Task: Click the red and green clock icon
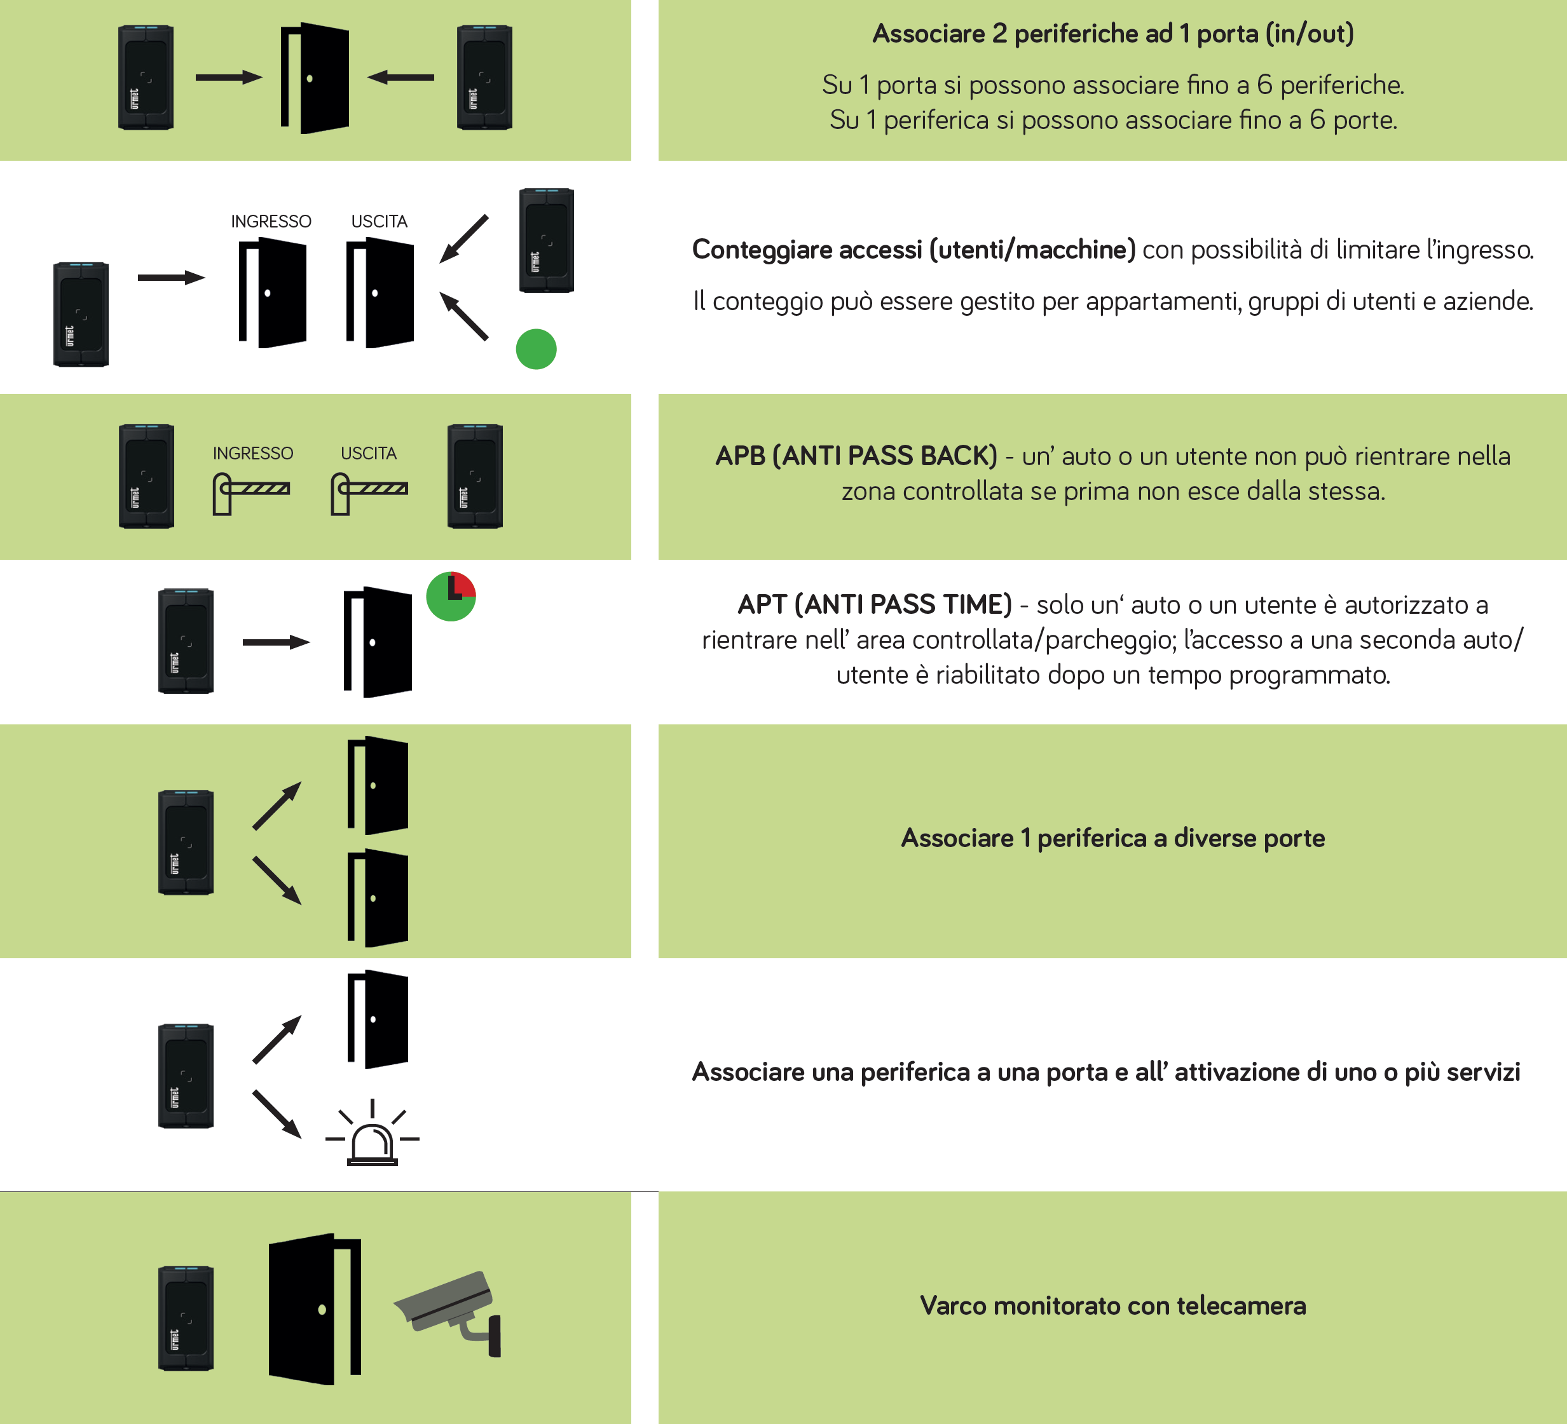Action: pyautogui.click(x=451, y=596)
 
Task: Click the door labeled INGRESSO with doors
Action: pyautogui.click(x=272, y=292)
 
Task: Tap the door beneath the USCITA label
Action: pyautogui.click(x=380, y=292)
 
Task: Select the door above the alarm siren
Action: pyautogui.click(x=378, y=1019)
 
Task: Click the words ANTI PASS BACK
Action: pyautogui.click(x=884, y=456)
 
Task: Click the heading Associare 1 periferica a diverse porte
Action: pyautogui.click(x=1112, y=838)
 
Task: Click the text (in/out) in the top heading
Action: pyautogui.click(x=1309, y=34)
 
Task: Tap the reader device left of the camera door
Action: pyautogui.click(x=186, y=1318)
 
